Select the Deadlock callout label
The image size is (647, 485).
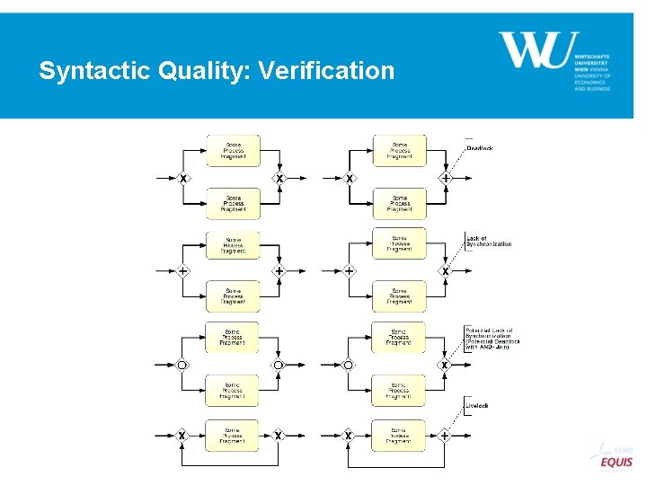click(x=480, y=148)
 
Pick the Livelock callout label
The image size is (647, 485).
click(x=478, y=406)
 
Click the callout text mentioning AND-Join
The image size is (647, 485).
click(x=492, y=339)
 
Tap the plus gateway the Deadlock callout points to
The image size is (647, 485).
click(x=445, y=178)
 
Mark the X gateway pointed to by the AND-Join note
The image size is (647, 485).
click(x=444, y=365)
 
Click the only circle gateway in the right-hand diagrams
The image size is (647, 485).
click(x=348, y=365)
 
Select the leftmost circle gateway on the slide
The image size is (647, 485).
click(x=182, y=365)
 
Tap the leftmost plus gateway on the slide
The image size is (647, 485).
click(x=182, y=270)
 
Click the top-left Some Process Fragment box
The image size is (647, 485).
click(x=233, y=150)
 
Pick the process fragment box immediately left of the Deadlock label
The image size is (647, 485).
click(x=400, y=150)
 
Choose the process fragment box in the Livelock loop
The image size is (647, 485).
click(x=399, y=435)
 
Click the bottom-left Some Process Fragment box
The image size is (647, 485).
click(x=233, y=435)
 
